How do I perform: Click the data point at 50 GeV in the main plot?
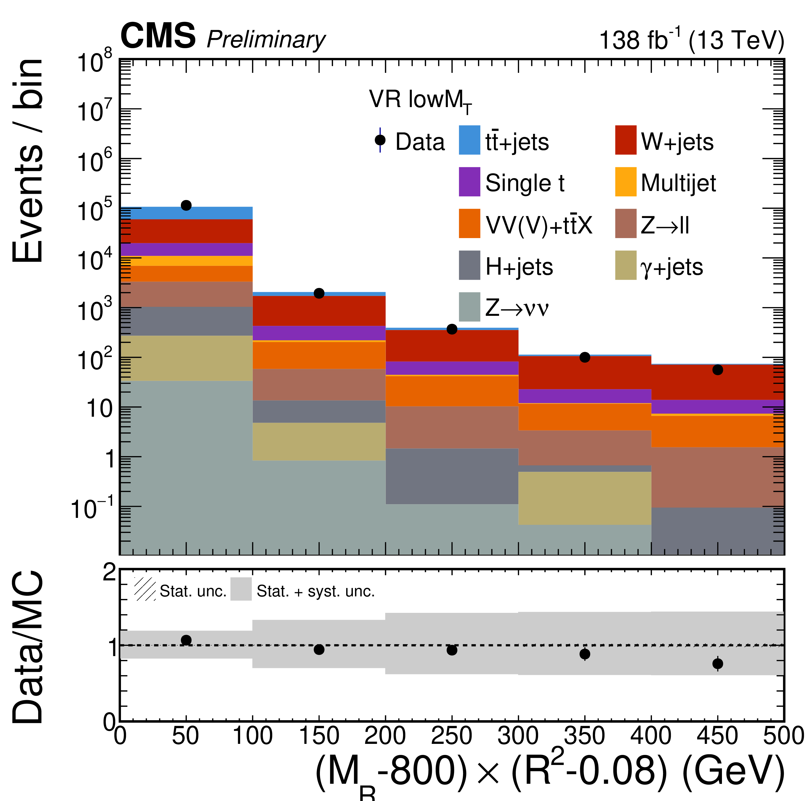tap(186, 205)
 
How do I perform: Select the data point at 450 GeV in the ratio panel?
tap(717, 664)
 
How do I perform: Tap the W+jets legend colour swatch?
tap(625, 140)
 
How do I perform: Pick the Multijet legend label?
tap(678, 183)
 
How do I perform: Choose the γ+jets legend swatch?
tap(625, 265)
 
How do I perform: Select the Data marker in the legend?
tap(380, 140)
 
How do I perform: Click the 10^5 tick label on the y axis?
tap(94, 210)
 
